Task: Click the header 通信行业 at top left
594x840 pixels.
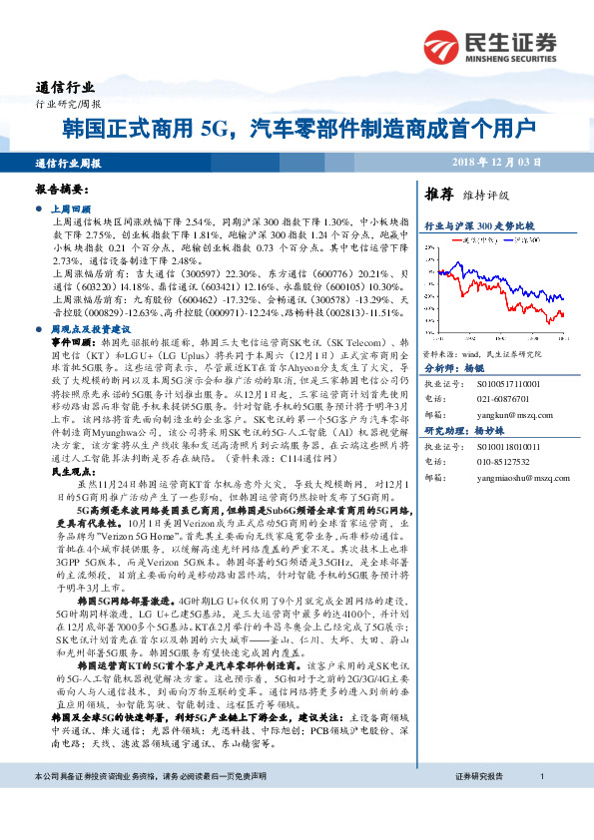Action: (62, 87)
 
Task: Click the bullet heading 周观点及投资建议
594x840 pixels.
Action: (91, 326)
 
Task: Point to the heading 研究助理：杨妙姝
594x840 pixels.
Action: (464, 430)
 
